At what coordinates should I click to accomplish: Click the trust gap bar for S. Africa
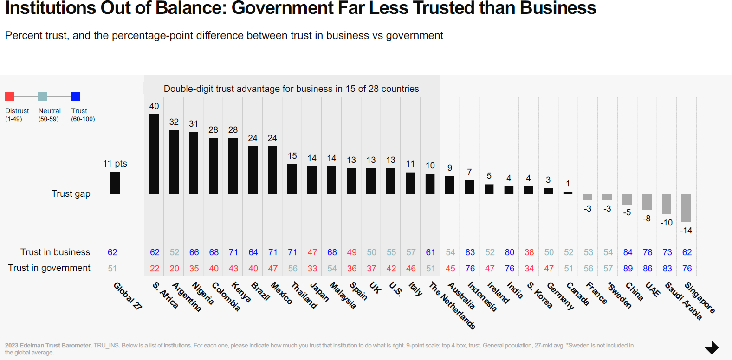pyautogui.click(x=154, y=154)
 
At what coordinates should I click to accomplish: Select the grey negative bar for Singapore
pyautogui.click(x=686, y=208)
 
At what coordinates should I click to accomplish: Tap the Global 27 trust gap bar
pyautogui.click(x=115, y=183)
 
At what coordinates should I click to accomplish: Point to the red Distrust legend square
pyautogui.click(x=10, y=96)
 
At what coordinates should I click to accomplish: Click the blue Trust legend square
pyautogui.click(x=75, y=96)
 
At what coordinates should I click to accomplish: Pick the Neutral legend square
pyautogui.click(x=42, y=96)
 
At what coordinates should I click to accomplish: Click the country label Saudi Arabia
pyautogui.click(x=683, y=301)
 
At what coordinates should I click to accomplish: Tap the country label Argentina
pyautogui.click(x=187, y=297)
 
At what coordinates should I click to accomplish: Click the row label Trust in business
pyautogui.click(x=55, y=252)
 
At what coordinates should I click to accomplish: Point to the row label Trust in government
pyautogui.click(x=49, y=268)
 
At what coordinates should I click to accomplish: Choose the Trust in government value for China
pyautogui.click(x=628, y=268)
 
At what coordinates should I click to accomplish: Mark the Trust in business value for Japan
pyautogui.click(x=312, y=252)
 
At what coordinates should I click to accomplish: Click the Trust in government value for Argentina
pyautogui.click(x=175, y=268)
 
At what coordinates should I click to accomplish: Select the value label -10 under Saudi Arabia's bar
pyautogui.click(x=667, y=223)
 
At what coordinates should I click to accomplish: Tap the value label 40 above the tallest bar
pyautogui.click(x=154, y=106)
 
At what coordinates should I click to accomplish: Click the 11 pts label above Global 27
pyautogui.click(x=115, y=163)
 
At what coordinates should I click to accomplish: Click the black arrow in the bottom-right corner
pyautogui.click(x=712, y=347)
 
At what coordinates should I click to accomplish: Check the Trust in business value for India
pyautogui.click(x=510, y=252)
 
